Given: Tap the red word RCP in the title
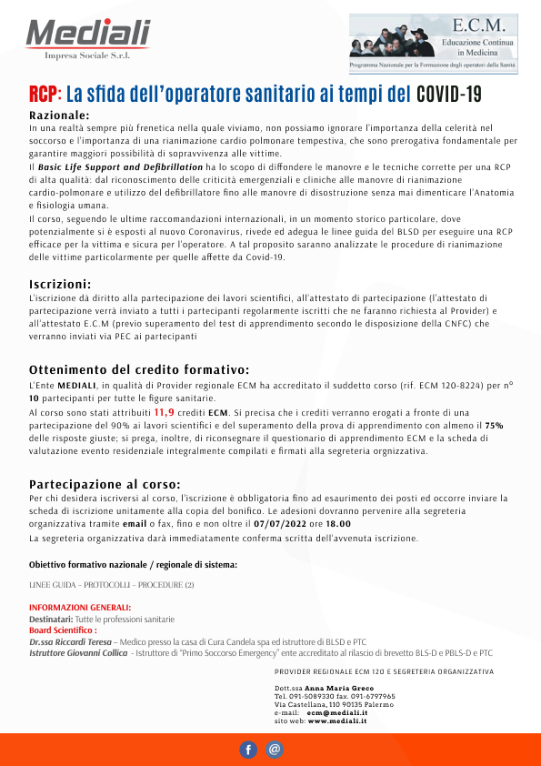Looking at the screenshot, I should pos(43,94).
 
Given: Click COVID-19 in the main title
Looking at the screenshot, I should pos(448,94).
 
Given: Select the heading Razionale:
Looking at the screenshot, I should pos(59,116).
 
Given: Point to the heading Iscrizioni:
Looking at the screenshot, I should pos(60,284).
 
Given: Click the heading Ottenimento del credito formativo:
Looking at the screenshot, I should pos(139,369).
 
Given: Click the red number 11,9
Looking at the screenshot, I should pos(165,411).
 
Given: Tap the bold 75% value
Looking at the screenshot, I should pos(494,424).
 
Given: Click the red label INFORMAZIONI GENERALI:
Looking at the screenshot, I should pos(80,608).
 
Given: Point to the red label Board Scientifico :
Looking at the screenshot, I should pos(63,630).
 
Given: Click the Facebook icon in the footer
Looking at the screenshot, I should pos(248,750).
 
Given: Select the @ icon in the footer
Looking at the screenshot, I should pos(275,750).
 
